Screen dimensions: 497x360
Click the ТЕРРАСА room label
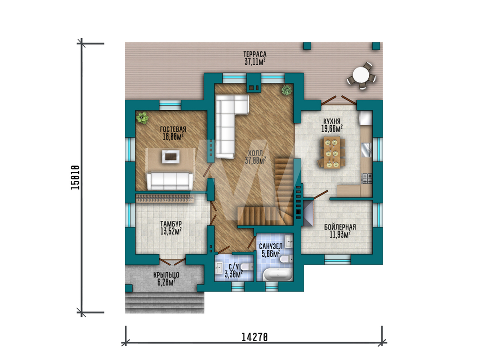point(255,55)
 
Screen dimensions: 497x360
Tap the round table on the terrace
point(361,75)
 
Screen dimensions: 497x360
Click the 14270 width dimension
point(254,337)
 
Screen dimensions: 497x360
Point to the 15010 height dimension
point(75,177)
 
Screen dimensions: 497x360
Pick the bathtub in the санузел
point(278,275)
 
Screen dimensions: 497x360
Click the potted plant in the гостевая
point(142,118)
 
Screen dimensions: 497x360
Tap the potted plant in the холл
point(287,90)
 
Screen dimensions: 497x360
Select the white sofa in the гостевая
point(169,181)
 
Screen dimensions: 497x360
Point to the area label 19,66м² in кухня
point(332,129)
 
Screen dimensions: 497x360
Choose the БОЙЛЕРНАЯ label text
point(340,227)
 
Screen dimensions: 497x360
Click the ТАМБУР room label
point(171,224)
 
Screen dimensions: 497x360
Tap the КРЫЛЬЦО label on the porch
point(166,275)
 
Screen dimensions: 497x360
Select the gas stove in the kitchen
point(367,178)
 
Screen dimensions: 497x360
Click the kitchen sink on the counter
point(367,150)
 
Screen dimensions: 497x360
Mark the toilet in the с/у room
point(247,267)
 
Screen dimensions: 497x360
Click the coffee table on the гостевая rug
point(171,156)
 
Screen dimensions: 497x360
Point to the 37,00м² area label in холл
point(255,161)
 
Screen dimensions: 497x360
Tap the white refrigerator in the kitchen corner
point(365,118)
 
